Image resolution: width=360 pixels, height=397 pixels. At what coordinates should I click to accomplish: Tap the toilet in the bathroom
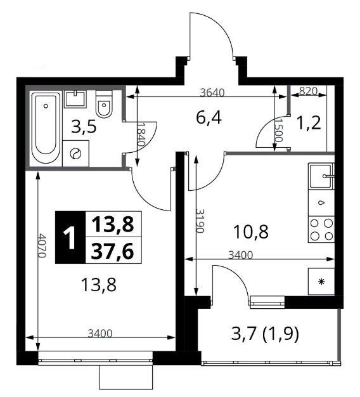click(104, 103)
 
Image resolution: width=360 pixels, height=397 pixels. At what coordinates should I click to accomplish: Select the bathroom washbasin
click(75, 99)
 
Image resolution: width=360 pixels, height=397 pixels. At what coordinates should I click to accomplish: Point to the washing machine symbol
click(75, 153)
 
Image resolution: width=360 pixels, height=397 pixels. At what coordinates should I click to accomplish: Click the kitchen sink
click(321, 176)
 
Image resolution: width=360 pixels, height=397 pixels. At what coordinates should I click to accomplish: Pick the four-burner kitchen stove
click(321, 230)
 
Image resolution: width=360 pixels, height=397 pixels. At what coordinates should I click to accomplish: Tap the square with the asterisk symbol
click(321, 282)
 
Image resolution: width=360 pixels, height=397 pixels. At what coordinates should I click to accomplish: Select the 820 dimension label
click(308, 91)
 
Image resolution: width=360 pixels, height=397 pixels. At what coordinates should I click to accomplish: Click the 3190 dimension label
click(200, 221)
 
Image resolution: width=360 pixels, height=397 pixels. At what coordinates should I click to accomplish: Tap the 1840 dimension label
click(141, 134)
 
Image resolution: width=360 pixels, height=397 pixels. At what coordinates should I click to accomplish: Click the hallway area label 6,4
click(209, 118)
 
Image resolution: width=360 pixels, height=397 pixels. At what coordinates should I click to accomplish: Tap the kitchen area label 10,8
click(251, 231)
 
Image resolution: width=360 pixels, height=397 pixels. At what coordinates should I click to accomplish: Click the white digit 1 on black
click(69, 237)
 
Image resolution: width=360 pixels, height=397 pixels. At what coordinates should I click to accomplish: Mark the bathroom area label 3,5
click(84, 127)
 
